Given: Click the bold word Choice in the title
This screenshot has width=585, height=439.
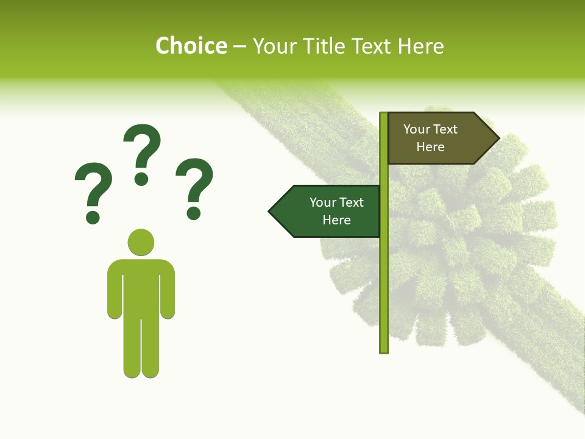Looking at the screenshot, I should pyautogui.click(x=191, y=46).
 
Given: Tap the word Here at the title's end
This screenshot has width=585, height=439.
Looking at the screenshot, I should pyautogui.click(x=420, y=46).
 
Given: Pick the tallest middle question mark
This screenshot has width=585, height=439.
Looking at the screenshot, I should pyautogui.click(x=142, y=146).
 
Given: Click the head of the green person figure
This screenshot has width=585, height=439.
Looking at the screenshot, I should pyautogui.click(x=141, y=242).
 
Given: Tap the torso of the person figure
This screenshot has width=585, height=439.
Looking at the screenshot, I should pyautogui.click(x=141, y=287).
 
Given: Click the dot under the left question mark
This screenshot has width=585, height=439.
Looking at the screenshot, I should pyautogui.click(x=93, y=216).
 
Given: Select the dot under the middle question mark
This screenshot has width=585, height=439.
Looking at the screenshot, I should pyautogui.click(x=141, y=179).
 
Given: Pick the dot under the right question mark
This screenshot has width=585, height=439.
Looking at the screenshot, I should pyautogui.click(x=194, y=213).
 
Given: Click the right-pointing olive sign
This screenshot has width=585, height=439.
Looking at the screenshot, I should pyautogui.click(x=436, y=138).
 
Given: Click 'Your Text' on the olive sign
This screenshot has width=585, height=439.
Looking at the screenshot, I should pyautogui.click(x=430, y=129).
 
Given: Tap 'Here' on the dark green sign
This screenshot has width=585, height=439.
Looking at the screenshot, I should pyautogui.click(x=336, y=220).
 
